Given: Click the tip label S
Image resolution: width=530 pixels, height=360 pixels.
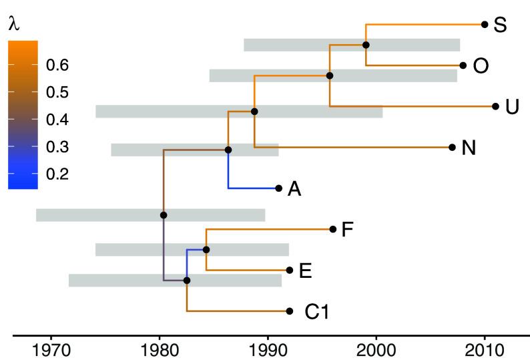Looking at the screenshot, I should tap(500, 26).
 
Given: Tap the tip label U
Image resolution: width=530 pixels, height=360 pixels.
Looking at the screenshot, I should tap(512, 107).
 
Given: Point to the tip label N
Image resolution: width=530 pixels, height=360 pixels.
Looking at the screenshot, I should tap(469, 148).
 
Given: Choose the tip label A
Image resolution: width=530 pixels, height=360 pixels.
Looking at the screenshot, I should tap(294, 190).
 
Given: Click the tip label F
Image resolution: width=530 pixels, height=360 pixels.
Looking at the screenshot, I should tap(347, 230).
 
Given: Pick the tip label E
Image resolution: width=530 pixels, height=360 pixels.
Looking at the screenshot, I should tap(306, 271).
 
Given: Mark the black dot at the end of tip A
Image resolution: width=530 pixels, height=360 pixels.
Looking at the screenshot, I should tap(278, 188).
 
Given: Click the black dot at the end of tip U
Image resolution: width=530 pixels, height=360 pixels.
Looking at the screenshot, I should tap(495, 106).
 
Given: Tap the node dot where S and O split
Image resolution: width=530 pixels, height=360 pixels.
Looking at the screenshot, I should tap(366, 45).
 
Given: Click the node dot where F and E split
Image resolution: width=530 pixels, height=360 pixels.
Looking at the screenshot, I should tap(206, 250).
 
